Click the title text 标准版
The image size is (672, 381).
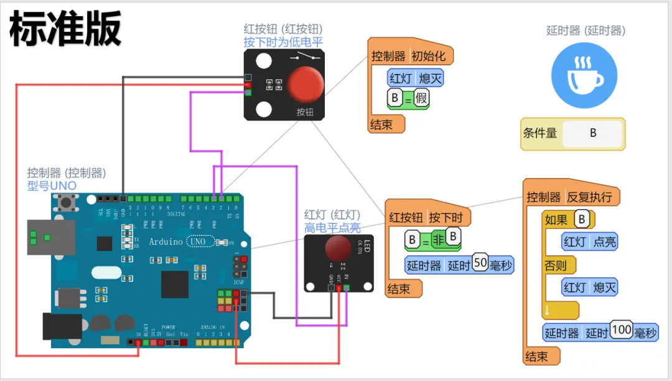point(65,30)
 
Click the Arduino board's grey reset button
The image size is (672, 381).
point(64,202)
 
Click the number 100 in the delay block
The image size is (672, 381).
point(621,330)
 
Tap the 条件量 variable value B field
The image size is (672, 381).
point(592,133)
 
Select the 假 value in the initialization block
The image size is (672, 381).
point(421,98)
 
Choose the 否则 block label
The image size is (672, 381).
point(556,265)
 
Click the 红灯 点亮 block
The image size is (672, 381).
point(589,242)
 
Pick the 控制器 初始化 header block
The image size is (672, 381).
point(409,56)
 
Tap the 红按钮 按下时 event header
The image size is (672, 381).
point(427,217)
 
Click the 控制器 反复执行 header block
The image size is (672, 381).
point(569,197)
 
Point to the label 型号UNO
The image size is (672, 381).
point(52,186)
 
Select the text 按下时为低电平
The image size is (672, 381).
point(283,42)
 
